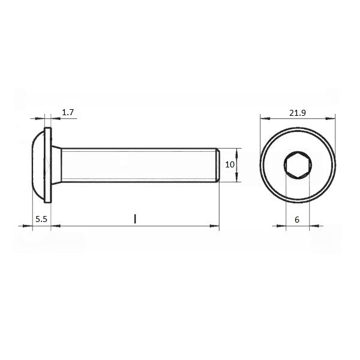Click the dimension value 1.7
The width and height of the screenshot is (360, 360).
(68, 113)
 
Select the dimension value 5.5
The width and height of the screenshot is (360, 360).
(41, 219)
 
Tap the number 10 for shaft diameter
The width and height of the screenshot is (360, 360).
(230, 164)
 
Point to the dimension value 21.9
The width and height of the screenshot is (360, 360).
(298, 113)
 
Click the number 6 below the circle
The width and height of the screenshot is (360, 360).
(297, 220)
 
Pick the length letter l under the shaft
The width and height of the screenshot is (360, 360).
(135, 219)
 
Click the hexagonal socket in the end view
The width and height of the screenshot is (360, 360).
(298, 165)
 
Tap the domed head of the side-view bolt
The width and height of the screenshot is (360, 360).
(38, 165)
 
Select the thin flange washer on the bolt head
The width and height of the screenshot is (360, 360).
(48, 165)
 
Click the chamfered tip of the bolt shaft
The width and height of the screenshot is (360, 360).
(218, 165)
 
